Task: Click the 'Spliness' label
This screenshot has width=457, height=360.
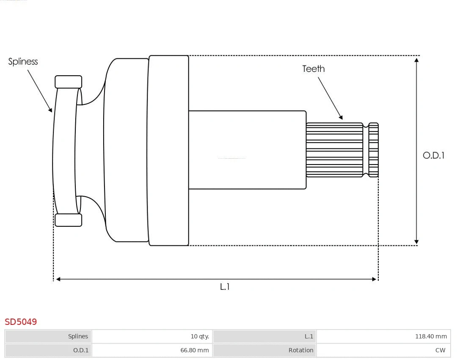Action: [x=23, y=62]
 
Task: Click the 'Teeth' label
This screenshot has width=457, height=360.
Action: [x=313, y=69]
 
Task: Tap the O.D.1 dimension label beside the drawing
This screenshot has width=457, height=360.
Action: [x=433, y=155]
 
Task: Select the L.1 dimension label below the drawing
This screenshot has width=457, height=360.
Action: [x=225, y=286]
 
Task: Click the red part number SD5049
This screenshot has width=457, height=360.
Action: [x=21, y=322]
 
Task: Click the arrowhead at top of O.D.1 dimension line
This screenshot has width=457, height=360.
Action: [x=417, y=60]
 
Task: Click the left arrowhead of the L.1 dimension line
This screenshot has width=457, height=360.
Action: [x=58, y=279]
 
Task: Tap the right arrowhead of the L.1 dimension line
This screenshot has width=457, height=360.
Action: [x=374, y=279]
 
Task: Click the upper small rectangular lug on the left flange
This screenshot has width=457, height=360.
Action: [x=68, y=82]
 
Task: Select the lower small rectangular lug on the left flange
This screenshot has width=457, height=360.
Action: [x=68, y=220]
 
